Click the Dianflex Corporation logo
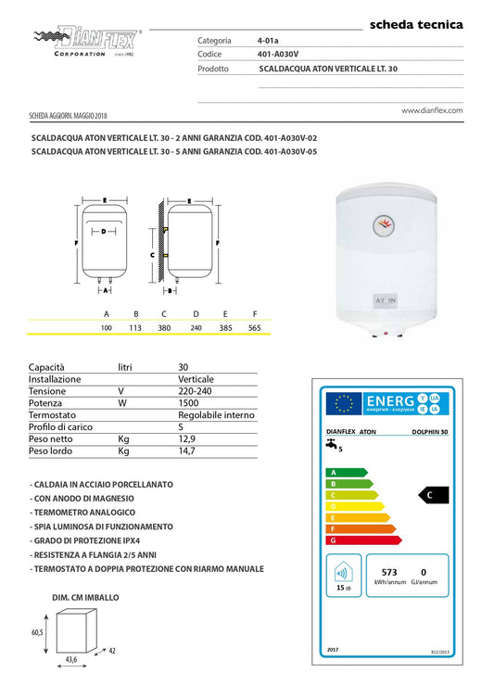[x=87, y=42]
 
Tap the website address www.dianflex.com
[x=431, y=109]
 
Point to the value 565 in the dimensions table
[x=255, y=328]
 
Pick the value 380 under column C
[x=164, y=328]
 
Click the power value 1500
[x=189, y=403]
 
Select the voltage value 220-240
[x=192, y=391]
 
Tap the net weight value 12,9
[x=186, y=438]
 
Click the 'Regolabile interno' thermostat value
[x=216, y=415]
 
